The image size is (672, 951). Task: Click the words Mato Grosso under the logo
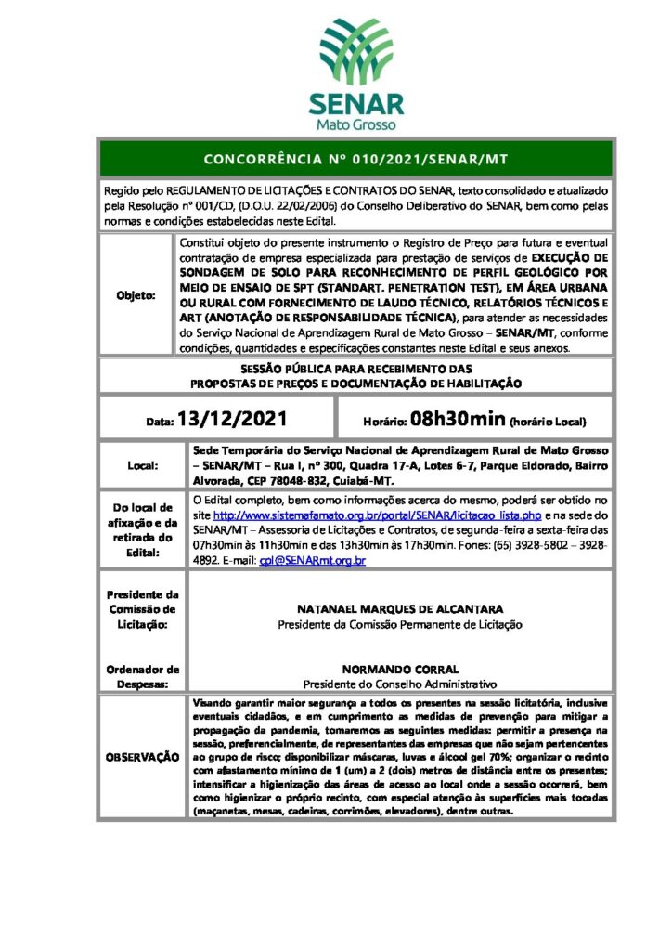pos(355,124)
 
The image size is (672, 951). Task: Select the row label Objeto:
pos(136,295)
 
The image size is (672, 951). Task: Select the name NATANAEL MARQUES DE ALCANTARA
pos(400,609)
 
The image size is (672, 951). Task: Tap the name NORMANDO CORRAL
pos(400,669)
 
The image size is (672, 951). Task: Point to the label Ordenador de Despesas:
pos(143,675)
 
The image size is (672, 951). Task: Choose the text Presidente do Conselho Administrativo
pos(400,684)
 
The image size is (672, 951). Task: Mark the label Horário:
pos(380,421)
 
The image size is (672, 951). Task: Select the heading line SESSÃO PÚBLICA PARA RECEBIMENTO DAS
pos(355,369)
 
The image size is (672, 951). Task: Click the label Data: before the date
pos(159,422)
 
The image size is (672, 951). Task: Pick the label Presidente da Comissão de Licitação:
pos(143,609)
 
